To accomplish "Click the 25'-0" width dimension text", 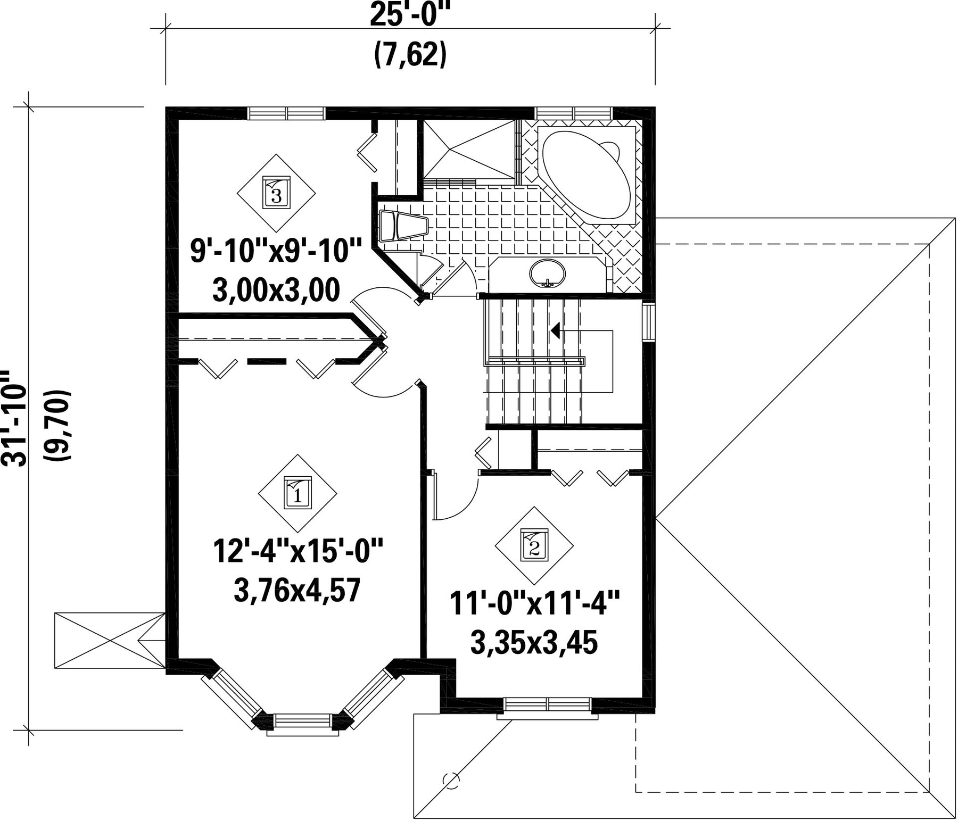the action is click(410, 15).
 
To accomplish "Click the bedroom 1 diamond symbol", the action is click(298, 493).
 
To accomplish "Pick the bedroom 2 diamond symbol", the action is click(534, 545).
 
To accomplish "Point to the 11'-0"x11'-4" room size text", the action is click(534, 603).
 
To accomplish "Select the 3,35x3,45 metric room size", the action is click(534, 642).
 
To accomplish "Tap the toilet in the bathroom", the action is click(403, 226).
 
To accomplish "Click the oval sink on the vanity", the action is click(547, 273).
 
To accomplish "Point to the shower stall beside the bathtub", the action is click(469, 149).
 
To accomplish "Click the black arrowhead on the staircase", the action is click(555, 331).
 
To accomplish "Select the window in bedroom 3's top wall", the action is click(287, 113).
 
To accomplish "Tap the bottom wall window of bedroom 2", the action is click(548, 706).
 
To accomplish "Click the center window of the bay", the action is click(303, 722).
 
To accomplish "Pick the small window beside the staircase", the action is click(649, 322).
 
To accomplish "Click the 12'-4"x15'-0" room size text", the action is click(298, 551).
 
